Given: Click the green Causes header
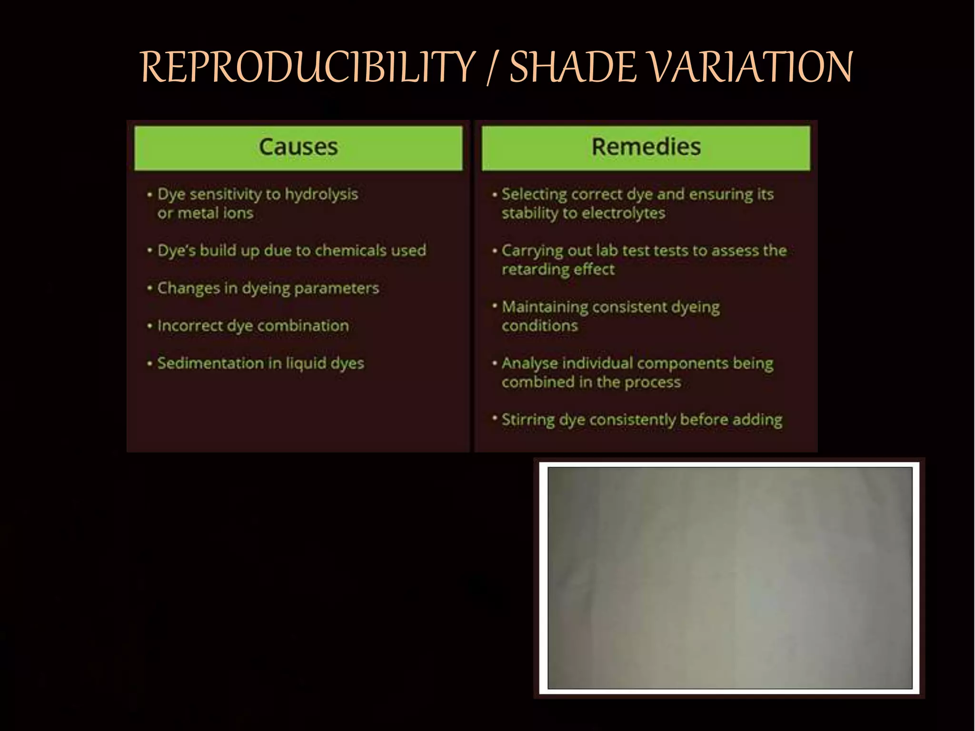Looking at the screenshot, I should [x=298, y=147].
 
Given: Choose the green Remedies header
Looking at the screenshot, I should [x=646, y=147].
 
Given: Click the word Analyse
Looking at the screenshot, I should [x=529, y=364].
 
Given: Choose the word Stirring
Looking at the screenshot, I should [x=528, y=420].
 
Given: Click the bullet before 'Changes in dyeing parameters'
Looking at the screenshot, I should [x=149, y=288].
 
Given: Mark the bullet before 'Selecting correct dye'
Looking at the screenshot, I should [x=495, y=195].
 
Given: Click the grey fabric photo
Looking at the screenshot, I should [x=730, y=578].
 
